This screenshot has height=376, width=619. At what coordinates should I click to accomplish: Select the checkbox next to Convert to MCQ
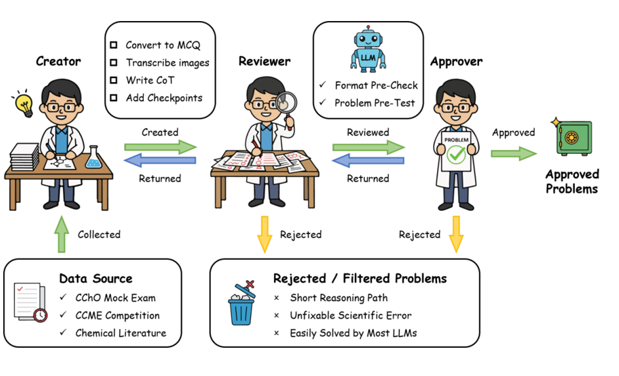pos(113,45)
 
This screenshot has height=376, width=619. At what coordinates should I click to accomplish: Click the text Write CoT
pos(150,80)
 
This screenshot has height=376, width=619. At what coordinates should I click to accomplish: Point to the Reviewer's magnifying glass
pos(284,103)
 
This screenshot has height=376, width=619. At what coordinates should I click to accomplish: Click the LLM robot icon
pos(368,49)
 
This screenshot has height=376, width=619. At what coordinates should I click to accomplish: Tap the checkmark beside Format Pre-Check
pos(322,85)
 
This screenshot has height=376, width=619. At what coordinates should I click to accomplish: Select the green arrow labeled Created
pos(160,146)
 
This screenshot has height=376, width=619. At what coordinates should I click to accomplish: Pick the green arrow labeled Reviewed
pos(368,147)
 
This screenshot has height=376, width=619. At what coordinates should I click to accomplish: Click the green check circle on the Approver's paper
pos(456,155)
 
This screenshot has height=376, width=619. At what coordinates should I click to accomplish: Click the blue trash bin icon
pos(241,303)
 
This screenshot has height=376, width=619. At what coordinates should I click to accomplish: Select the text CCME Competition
pos(118,316)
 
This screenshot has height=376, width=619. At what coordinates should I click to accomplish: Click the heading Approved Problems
pos(572,181)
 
